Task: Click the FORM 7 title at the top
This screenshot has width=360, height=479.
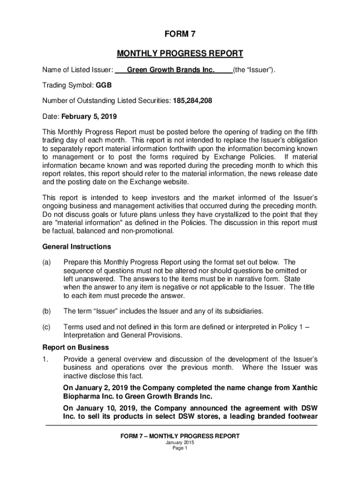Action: tap(180, 34)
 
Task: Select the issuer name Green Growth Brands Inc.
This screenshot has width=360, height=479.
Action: tap(171, 70)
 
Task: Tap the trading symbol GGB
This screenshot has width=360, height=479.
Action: tap(104, 86)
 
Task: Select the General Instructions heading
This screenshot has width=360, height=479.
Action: tap(77, 247)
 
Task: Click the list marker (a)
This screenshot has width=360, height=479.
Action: tap(47, 262)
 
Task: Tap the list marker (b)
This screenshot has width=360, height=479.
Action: tap(47, 311)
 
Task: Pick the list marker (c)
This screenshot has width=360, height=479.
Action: tap(47, 327)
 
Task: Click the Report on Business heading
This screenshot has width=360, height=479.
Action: tap(76, 348)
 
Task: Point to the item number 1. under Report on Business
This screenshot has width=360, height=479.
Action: tap(45, 359)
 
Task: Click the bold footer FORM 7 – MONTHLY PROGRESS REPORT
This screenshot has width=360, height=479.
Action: tap(180, 436)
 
